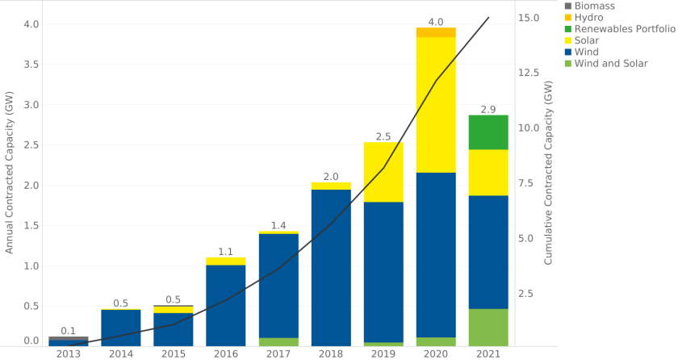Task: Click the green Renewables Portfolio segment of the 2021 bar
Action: (x=488, y=132)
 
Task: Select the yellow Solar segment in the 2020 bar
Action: (x=436, y=105)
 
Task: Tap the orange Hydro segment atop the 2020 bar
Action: (x=436, y=32)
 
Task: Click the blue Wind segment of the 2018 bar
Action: (x=331, y=266)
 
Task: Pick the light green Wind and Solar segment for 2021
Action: (x=488, y=327)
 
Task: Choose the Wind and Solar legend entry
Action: (x=605, y=64)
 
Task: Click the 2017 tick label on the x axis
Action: (x=278, y=354)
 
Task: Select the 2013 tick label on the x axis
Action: (x=69, y=354)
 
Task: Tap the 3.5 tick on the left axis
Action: (x=30, y=65)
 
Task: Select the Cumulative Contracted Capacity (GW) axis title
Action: (x=548, y=173)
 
